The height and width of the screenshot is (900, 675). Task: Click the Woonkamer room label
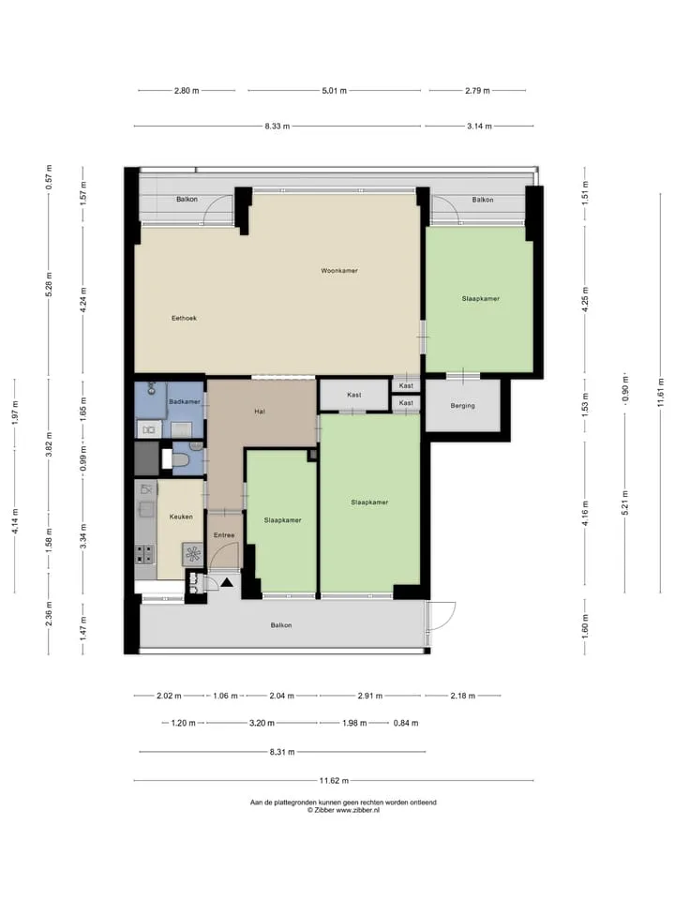pyautogui.click(x=339, y=270)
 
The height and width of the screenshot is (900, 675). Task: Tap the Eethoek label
pyautogui.click(x=185, y=318)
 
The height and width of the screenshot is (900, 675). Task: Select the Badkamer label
pyautogui.click(x=185, y=402)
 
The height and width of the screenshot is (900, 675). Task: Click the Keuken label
pyautogui.click(x=181, y=517)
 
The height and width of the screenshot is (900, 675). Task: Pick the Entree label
pyautogui.click(x=224, y=535)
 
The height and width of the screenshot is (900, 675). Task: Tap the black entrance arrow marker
pyautogui.click(x=227, y=582)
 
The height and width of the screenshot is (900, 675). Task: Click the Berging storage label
pyautogui.click(x=462, y=406)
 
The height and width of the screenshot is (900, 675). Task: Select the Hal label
pyautogui.click(x=260, y=412)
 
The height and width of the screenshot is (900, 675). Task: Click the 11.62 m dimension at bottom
pyautogui.click(x=334, y=781)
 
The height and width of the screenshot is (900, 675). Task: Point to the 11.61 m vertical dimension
pyautogui.click(x=661, y=393)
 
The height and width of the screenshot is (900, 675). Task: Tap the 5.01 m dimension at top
pyautogui.click(x=334, y=91)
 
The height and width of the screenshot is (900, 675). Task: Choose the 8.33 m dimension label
pyautogui.click(x=277, y=127)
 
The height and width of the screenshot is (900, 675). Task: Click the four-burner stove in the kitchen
pyautogui.click(x=144, y=554)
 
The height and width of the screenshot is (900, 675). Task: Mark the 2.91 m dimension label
pyautogui.click(x=369, y=696)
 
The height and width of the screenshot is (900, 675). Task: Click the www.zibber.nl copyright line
pyautogui.click(x=343, y=810)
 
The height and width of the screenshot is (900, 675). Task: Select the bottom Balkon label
pyautogui.click(x=281, y=625)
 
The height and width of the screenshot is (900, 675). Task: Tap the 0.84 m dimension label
pyautogui.click(x=406, y=723)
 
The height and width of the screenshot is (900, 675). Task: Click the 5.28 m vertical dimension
pyautogui.click(x=49, y=285)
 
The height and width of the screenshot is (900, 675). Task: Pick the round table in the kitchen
pyautogui.click(x=193, y=553)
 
